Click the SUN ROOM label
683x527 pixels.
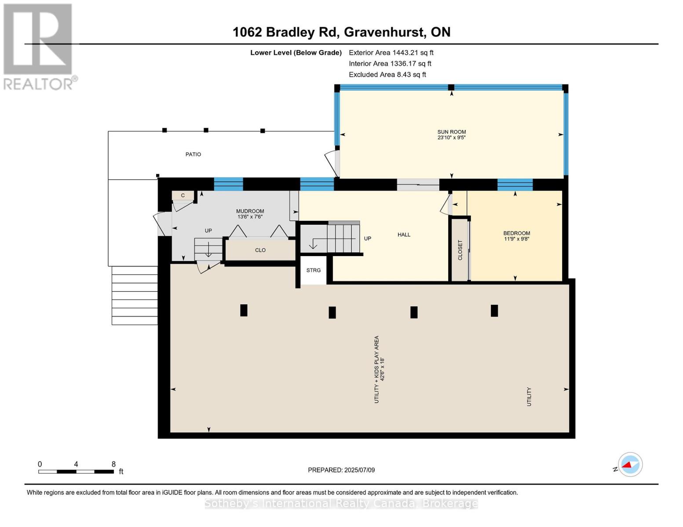point(451,132)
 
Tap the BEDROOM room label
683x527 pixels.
point(516,233)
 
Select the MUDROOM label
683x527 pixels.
point(250,211)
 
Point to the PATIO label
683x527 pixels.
point(193,155)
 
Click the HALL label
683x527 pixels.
point(404,235)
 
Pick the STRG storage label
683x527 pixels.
point(314,270)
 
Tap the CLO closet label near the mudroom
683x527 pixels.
point(260,250)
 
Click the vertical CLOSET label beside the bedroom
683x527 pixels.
point(460,250)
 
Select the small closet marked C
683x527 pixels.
point(183,195)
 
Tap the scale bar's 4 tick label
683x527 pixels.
point(76,464)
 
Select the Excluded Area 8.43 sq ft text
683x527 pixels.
point(387,75)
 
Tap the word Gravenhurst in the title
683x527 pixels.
point(383,32)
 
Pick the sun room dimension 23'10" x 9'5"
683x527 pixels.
point(451,137)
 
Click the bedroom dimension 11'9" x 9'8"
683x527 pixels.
point(516,239)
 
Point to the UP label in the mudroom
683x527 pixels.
point(208,231)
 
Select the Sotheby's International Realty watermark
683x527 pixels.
point(341,503)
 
